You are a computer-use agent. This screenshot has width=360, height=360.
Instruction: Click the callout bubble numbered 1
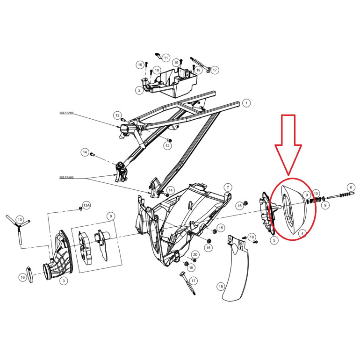[x=246, y=103]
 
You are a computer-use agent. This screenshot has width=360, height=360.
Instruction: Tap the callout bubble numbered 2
[x=139, y=90]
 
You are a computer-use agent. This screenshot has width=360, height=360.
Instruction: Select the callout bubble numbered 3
[x=64, y=281]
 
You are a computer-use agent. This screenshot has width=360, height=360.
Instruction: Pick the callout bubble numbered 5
[x=274, y=240]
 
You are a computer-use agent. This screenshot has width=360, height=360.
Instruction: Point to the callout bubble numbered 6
[x=351, y=187]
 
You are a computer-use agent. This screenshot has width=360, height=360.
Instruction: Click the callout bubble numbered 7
[x=228, y=187]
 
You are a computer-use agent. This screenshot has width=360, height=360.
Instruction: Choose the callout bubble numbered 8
[x=111, y=216]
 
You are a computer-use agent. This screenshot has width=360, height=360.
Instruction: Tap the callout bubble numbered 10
[x=316, y=194]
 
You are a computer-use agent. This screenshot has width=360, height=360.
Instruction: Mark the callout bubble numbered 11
[x=166, y=58]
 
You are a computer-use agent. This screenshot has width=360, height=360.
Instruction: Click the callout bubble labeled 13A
[x=86, y=205]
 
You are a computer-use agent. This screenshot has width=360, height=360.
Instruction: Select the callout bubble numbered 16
[x=22, y=277]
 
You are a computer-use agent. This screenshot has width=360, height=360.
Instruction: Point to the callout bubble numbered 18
[x=221, y=286]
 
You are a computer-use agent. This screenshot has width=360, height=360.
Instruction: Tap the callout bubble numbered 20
[x=195, y=255]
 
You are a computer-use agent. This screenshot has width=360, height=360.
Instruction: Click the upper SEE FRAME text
[x=66, y=113]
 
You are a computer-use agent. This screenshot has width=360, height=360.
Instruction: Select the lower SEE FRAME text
[x=66, y=178]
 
